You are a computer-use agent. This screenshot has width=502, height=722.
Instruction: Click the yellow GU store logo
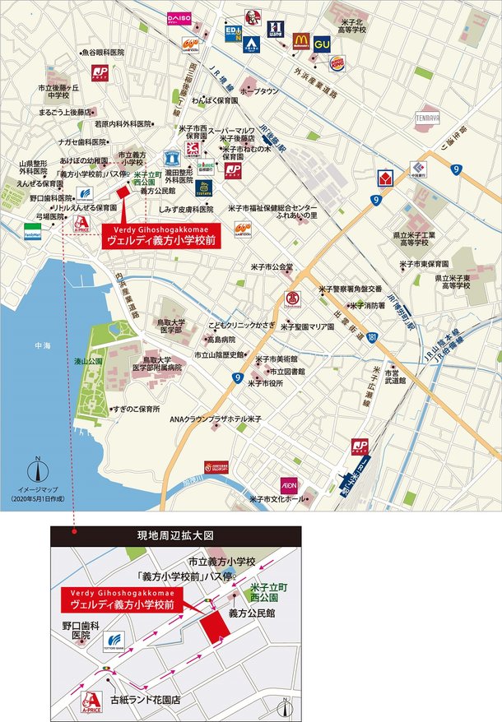click(x=322, y=39)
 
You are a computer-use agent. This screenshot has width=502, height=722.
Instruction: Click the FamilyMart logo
click(x=33, y=229)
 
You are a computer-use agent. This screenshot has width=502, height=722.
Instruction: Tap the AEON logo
click(x=289, y=484)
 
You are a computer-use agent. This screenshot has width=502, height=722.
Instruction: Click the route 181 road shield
click(x=373, y=337)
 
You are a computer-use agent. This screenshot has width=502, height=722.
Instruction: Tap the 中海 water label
click(x=32, y=346)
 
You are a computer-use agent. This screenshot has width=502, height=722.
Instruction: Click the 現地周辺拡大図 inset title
click(x=175, y=535)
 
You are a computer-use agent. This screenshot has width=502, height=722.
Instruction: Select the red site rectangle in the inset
click(x=216, y=629)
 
